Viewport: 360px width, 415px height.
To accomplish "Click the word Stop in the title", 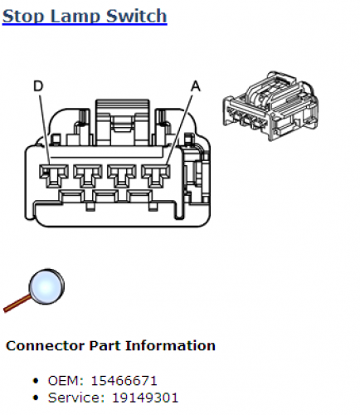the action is click(23, 17).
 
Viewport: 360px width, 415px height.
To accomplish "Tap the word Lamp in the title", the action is click(75, 17).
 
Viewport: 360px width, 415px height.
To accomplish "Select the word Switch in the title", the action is click(137, 16).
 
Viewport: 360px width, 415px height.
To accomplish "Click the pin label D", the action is click(38, 86).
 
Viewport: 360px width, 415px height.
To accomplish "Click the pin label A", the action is click(196, 86).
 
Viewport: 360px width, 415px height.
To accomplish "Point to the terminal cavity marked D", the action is click(54, 176).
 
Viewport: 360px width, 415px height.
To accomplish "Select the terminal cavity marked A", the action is click(156, 176).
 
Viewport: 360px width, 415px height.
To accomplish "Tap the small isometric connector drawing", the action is click(270, 106).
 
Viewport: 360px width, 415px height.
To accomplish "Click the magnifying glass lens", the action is click(46, 286).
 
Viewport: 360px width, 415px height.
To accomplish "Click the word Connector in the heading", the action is click(45, 346).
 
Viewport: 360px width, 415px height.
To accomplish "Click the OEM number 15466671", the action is click(124, 381).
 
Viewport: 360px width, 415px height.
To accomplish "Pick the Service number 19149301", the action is click(145, 398).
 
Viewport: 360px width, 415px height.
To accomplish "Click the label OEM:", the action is click(66, 381).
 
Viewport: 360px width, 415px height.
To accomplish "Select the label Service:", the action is click(76, 398).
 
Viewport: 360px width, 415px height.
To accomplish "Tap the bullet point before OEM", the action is click(36, 381).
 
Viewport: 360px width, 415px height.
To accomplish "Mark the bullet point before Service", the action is click(36, 398).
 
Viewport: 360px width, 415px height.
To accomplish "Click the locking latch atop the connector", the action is click(122, 123).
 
